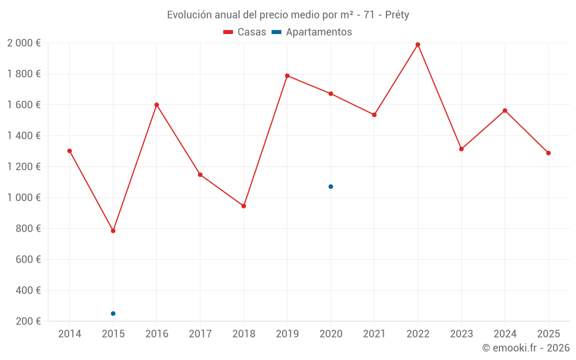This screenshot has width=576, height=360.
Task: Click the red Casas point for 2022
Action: (x=418, y=44)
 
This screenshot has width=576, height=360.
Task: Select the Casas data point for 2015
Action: (x=113, y=231)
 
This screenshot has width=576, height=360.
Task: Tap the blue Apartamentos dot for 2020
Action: (x=331, y=187)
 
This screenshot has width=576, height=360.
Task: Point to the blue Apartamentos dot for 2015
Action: (x=113, y=313)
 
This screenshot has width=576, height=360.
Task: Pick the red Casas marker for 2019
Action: (x=287, y=75)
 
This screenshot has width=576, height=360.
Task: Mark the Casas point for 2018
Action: (x=244, y=206)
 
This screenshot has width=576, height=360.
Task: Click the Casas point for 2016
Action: (x=157, y=105)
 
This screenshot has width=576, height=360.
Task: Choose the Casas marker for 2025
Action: (x=548, y=153)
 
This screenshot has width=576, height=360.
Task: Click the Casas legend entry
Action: (x=245, y=32)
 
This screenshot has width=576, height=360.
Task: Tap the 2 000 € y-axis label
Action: (x=24, y=43)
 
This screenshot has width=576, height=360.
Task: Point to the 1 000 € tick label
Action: (x=24, y=198)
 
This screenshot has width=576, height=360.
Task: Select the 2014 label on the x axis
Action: (x=70, y=334)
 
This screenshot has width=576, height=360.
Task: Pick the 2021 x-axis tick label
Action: (x=374, y=334)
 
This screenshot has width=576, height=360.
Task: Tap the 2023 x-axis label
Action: (x=461, y=334)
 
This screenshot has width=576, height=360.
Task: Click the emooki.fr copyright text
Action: (x=526, y=348)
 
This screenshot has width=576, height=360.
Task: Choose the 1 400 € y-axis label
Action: (x=24, y=136)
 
